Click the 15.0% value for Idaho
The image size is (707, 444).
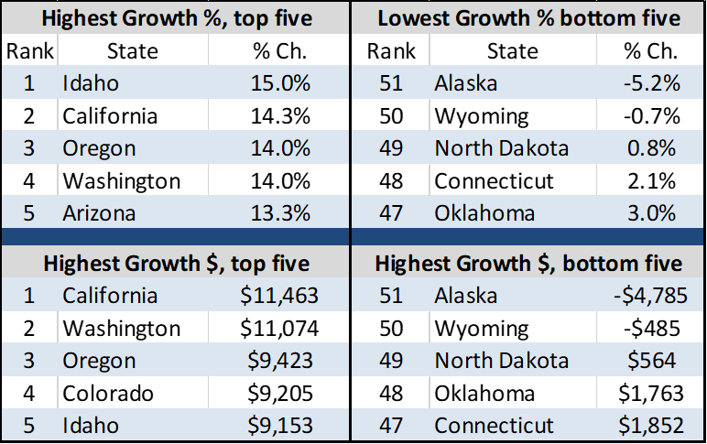click(280, 84)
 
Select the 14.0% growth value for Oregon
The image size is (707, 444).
click(280, 148)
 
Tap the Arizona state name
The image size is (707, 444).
click(99, 213)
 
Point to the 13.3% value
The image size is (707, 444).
click(280, 213)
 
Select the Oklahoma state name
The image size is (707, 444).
click(484, 213)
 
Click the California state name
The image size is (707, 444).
click(110, 296)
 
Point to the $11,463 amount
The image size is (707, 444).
click(274, 296)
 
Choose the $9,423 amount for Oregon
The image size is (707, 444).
click(280, 361)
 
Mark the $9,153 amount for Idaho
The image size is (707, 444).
click(280, 426)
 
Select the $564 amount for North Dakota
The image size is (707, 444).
click(652, 361)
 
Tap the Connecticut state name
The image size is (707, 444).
click(494, 426)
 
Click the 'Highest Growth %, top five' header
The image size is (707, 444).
click(176, 18)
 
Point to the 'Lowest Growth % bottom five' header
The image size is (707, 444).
click(528, 18)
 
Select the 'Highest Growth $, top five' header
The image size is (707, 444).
click(176, 265)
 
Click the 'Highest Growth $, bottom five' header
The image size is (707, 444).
click(528, 265)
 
